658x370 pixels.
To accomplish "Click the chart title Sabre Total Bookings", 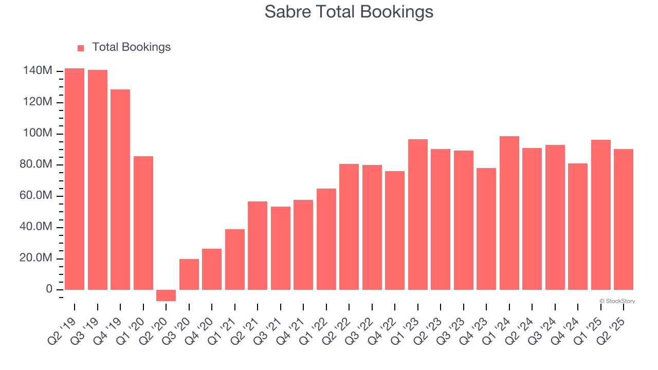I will [x=349, y=12].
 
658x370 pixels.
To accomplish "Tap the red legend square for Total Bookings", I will [x=81, y=48].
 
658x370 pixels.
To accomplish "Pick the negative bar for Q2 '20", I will [x=166, y=295].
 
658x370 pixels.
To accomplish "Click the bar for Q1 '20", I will [x=143, y=223].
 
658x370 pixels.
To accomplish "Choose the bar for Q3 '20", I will [x=189, y=274].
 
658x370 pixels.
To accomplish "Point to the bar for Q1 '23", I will [x=417, y=214].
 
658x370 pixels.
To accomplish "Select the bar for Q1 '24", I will [x=509, y=213].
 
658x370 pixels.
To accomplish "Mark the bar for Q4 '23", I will [x=486, y=229].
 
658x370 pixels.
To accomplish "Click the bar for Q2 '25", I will [x=623, y=219].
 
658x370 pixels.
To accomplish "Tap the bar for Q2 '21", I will [x=258, y=246].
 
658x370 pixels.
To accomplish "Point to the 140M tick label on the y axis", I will [x=37, y=71].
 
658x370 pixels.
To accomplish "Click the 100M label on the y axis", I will [x=37, y=134].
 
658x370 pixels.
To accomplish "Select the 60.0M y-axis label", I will [x=36, y=196].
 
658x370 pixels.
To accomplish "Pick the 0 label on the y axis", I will [x=49, y=290].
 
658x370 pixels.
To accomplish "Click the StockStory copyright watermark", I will [x=617, y=301].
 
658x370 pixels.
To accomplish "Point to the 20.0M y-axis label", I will [x=36, y=258].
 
